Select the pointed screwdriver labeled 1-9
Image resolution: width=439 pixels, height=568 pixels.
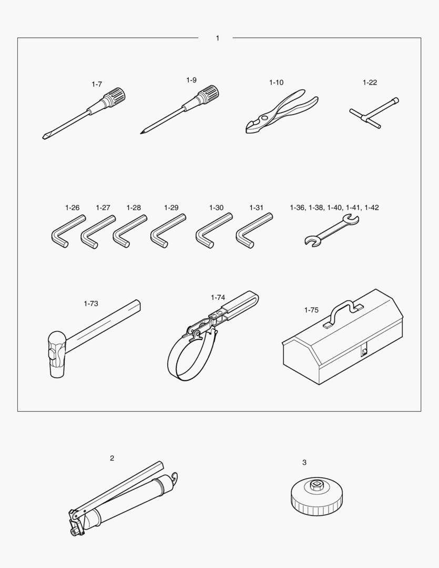(180, 110)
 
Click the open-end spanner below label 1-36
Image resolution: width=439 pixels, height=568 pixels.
(331, 231)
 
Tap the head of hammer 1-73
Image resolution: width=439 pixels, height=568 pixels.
(56, 354)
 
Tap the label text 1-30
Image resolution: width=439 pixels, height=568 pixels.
(216, 208)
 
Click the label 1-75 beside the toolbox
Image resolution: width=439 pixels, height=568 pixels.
(311, 310)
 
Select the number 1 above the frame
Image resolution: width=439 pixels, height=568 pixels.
(217, 38)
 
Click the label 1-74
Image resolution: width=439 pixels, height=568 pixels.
(218, 297)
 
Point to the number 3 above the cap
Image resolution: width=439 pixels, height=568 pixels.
(304, 463)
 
